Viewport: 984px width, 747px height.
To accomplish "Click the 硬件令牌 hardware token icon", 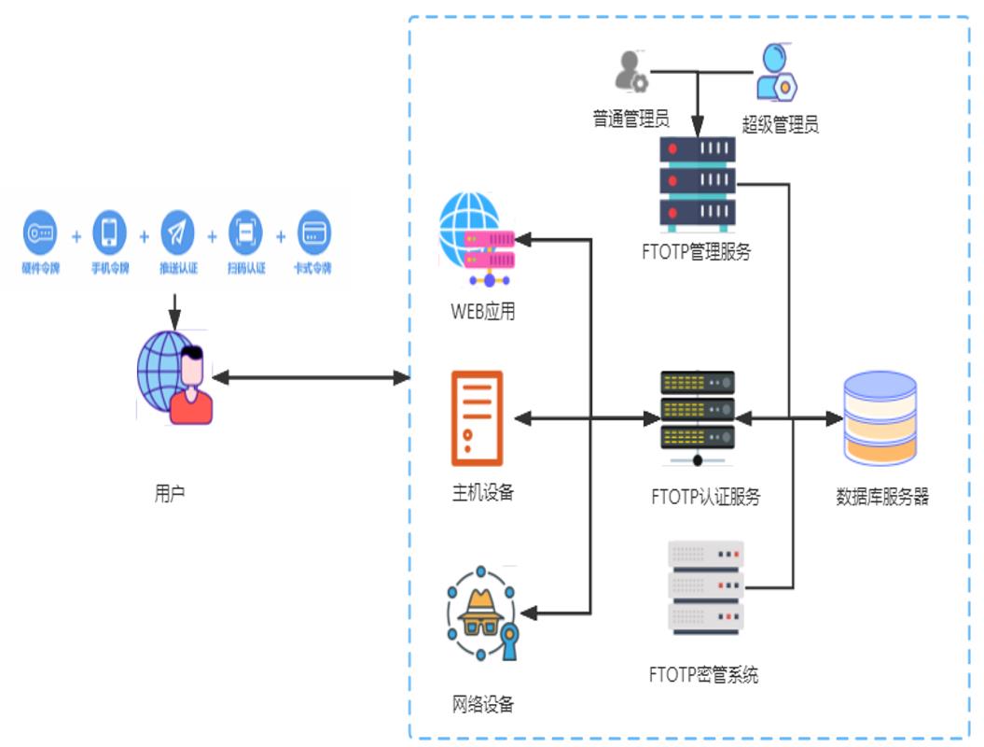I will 41,233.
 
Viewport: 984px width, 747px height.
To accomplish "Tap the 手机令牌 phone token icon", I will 109,232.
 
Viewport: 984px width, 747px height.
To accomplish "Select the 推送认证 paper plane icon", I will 177,233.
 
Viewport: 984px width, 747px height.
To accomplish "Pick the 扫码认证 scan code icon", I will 245,233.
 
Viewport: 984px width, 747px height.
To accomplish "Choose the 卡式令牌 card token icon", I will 313,233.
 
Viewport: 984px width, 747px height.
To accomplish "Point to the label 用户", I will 169,493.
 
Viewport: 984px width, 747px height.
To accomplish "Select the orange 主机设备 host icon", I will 477,417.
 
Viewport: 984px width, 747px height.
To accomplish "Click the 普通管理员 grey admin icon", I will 631,72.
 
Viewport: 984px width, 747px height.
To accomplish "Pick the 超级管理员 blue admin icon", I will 777,73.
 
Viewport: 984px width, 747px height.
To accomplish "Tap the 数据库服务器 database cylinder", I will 880,417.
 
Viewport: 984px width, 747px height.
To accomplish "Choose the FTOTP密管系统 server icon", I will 706,587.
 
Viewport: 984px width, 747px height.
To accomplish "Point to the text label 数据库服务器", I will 882,497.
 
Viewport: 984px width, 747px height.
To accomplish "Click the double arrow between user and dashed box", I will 312,378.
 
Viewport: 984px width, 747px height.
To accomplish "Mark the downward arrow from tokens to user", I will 174,308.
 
